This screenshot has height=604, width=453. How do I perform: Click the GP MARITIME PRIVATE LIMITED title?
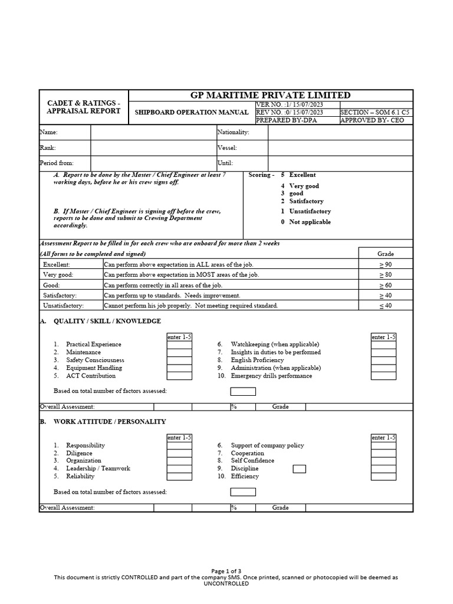coord(271,95)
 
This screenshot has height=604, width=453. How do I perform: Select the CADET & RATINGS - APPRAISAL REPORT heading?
coord(83,107)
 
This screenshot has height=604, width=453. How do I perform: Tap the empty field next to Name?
coord(153,133)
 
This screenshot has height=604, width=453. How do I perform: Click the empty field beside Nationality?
coord(340,133)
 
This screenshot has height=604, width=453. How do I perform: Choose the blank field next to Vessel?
coord(340,148)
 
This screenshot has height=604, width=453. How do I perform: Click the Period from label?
coord(57,163)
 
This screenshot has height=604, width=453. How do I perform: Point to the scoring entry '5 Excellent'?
coord(298,175)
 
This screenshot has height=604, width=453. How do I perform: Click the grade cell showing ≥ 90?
coord(385,265)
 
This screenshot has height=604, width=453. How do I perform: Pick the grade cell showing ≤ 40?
coord(385,306)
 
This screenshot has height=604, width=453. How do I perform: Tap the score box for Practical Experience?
coord(179,344)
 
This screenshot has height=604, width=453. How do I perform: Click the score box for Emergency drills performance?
coord(383,376)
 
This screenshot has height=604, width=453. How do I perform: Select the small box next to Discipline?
coord(300,469)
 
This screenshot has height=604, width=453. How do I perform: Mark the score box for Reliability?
coord(179,477)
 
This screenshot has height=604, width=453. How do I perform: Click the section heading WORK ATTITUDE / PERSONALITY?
coord(110,422)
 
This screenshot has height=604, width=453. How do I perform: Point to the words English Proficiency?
coord(257,360)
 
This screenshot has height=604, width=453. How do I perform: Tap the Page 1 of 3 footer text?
coord(226,571)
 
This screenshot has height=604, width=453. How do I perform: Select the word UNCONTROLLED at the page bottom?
coord(226,583)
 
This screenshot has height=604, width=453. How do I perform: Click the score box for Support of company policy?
coord(383,445)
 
